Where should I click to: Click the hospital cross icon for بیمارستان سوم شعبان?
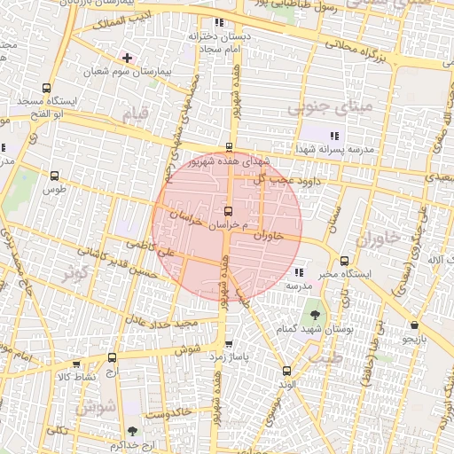tap(128, 57)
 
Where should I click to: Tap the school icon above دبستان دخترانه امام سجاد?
tap(218, 22)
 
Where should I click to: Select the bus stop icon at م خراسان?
tap(230, 212)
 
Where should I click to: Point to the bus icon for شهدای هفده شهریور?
tap(230, 148)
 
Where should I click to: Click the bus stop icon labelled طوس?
tap(55, 176)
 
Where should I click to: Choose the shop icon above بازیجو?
tap(415, 325)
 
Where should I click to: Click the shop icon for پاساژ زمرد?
tap(230, 344)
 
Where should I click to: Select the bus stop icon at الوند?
tap(286, 372)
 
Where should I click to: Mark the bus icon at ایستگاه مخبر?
tap(345, 261)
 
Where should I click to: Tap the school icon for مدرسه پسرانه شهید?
tap(333, 134)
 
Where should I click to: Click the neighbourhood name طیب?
tap(329, 359)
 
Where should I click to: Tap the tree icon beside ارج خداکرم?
tap(132, 431)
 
